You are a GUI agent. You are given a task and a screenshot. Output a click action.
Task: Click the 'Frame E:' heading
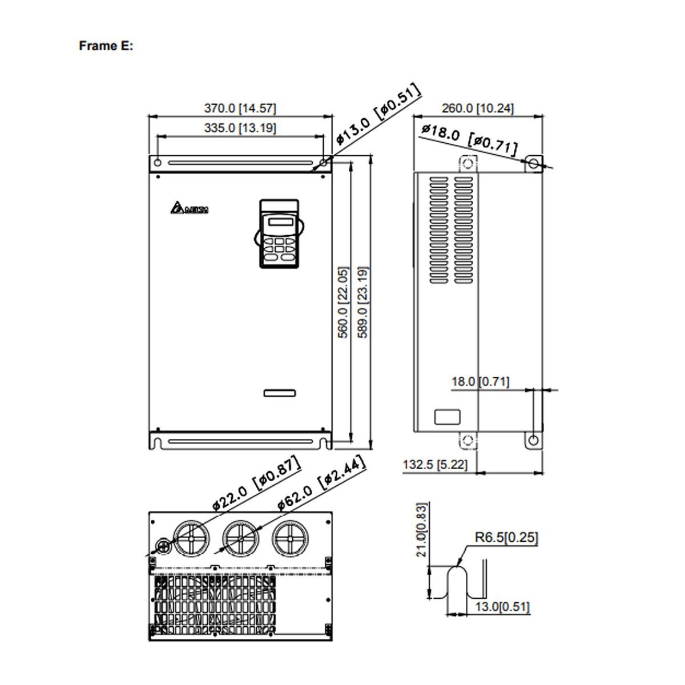click(106, 46)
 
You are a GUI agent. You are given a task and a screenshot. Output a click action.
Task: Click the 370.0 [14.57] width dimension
click(240, 108)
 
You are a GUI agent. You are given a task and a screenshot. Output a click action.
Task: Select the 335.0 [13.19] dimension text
click(240, 128)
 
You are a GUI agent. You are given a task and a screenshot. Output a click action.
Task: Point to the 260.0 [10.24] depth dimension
click(478, 108)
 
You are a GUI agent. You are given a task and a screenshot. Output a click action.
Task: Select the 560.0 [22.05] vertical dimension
click(342, 302)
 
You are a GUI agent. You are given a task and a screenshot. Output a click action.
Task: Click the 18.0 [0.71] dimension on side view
click(480, 382)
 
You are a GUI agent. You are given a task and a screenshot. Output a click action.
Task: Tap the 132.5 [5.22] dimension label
click(435, 465)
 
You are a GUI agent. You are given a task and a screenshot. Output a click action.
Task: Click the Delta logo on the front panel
click(189, 209)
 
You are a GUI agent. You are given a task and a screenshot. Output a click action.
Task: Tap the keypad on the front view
click(279, 233)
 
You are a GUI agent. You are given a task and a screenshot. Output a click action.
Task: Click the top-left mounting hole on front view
click(156, 163)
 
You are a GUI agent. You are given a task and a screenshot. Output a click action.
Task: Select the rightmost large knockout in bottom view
click(289, 538)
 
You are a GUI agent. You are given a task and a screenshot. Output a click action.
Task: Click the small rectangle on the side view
click(447, 417)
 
